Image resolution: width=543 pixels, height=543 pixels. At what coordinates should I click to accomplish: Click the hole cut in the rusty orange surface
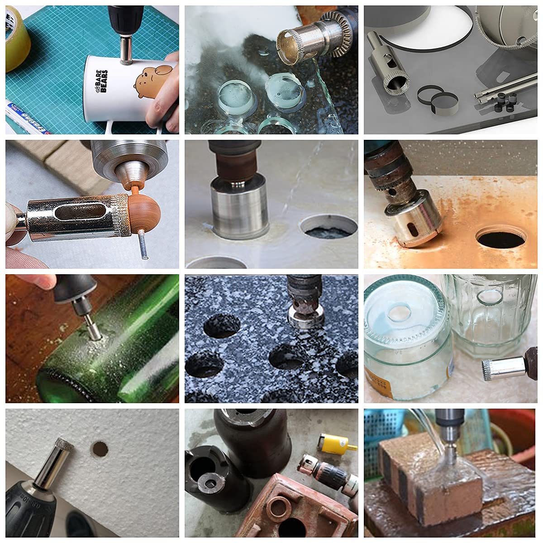501,238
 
